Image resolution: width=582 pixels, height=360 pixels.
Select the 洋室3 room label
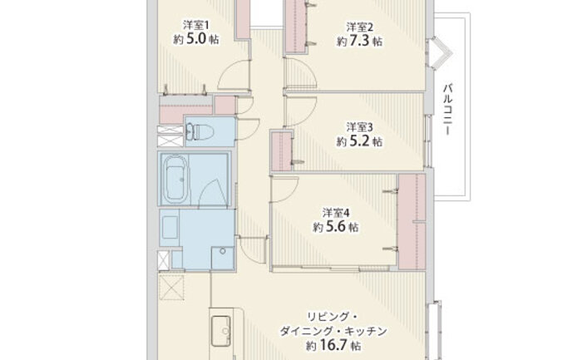pyautogui.click(x=360, y=127)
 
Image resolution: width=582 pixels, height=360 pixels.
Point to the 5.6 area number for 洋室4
pyautogui.click(x=336, y=226)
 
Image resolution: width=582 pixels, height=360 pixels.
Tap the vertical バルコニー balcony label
pyautogui.click(x=448, y=109)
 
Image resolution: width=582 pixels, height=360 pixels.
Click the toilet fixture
pyautogui.click(x=198, y=131)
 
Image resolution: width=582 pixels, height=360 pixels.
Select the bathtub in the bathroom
pyautogui.click(x=176, y=180)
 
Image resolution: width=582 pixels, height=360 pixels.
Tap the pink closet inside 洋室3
pyautogui.click(x=282, y=150)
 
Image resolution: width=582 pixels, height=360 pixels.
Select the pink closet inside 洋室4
pyautogui.click(x=412, y=221)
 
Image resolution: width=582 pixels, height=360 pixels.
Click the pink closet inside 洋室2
pyautogui.click(x=297, y=27)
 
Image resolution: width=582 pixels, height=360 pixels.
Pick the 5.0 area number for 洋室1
pyautogui.click(x=195, y=38)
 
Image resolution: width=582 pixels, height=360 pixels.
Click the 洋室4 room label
pyautogui.click(x=336, y=213)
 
